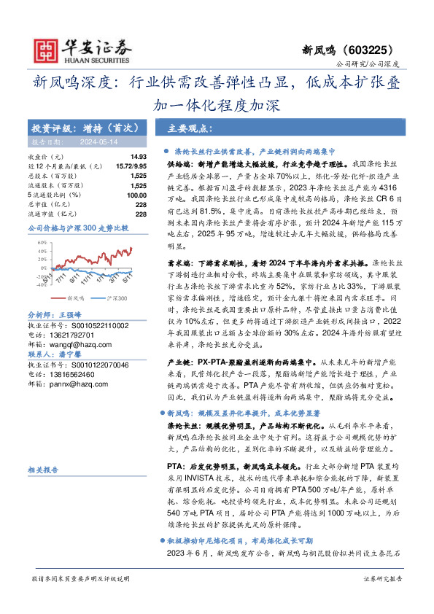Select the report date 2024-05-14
coord(92,143)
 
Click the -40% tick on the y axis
coord(37,286)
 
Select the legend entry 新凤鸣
coord(75,298)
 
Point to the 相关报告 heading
coord(41,470)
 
